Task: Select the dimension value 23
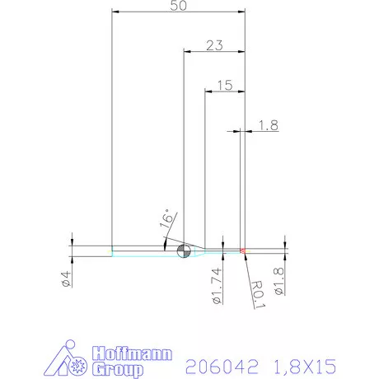point(214,46)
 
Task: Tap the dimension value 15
point(224,84)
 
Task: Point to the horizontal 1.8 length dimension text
point(268,125)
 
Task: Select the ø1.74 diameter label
point(217,284)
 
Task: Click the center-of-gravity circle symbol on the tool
point(184,250)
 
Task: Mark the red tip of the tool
point(243,250)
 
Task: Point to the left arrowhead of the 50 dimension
point(116,12)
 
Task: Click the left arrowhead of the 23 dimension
point(187,52)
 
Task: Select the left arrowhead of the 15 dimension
point(208,91)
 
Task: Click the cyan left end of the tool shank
point(114,250)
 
